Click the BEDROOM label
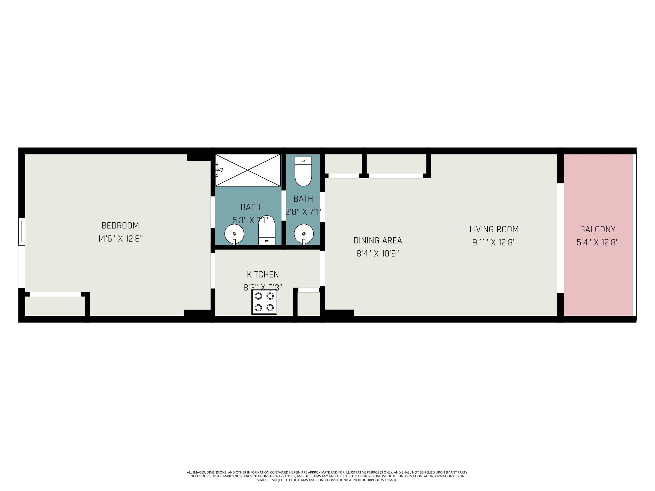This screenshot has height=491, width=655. [x=120, y=225]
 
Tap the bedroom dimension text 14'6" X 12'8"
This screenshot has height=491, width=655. [x=120, y=238]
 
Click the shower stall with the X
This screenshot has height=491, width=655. [x=248, y=170]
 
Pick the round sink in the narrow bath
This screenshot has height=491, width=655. [x=304, y=234]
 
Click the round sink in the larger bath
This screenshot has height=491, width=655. [x=234, y=234]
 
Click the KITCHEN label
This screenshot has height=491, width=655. [x=263, y=274]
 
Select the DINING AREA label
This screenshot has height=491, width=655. [x=378, y=240]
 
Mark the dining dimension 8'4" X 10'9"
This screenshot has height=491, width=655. [x=378, y=254]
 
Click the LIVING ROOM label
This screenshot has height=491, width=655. [x=494, y=229]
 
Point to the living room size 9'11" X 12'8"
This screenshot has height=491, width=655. [x=494, y=242]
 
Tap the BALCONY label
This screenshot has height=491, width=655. [x=598, y=229]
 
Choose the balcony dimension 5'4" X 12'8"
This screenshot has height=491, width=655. [x=598, y=242]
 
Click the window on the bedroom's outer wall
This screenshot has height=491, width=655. [x=22, y=232]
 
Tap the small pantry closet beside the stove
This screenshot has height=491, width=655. [x=309, y=304]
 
